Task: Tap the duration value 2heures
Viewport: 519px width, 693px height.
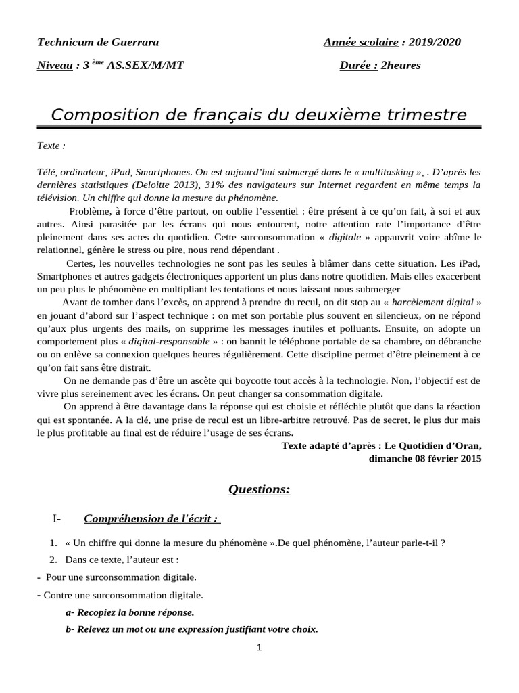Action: click(x=401, y=66)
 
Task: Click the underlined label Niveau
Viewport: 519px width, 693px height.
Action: click(x=54, y=66)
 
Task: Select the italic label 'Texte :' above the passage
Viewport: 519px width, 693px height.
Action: click(x=51, y=146)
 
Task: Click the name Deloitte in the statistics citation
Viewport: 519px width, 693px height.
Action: click(x=158, y=185)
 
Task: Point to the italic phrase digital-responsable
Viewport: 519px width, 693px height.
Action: click(x=170, y=340)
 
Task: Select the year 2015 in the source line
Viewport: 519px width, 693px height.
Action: click(x=469, y=458)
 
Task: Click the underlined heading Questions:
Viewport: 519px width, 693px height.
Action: click(x=259, y=489)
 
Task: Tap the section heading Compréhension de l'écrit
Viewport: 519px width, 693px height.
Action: click(x=151, y=519)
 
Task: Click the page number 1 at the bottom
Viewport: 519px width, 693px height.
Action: click(x=259, y=648)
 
